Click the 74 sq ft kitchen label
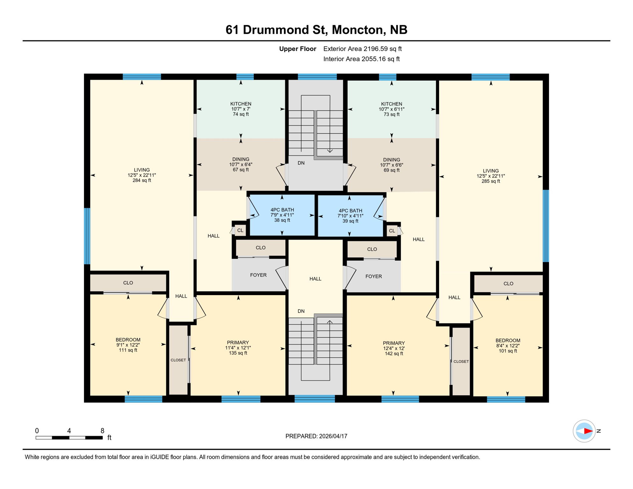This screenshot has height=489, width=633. coord(241,109)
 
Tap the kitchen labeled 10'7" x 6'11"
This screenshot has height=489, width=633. coord(391,109)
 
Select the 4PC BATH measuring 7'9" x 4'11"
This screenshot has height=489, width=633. coord(282,215)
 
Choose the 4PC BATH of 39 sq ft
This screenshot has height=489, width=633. coord(350,216)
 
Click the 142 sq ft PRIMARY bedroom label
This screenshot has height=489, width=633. coord(394,348)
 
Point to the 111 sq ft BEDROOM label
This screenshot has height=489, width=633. coord(128,345)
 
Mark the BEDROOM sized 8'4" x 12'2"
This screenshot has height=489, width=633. coord(508,345)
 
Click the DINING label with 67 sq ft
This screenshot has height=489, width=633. coord(241,164)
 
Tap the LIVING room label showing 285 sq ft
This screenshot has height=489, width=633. coord(490,176)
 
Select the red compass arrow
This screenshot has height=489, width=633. coord(588,431)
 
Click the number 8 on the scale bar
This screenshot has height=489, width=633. coord(102,431)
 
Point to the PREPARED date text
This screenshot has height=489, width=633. coord(316,436)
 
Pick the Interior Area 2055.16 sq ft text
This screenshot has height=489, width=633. coord(361,59)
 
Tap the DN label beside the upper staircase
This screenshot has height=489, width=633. coord(301,163)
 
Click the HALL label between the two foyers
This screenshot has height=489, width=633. coord(315,279)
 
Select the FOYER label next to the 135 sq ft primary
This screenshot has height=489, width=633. coord(258,275)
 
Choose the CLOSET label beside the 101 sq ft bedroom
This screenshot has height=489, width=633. coord(461,362)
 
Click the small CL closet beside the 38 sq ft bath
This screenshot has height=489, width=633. coord(240,230)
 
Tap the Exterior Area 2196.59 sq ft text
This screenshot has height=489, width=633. coord(362,49)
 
